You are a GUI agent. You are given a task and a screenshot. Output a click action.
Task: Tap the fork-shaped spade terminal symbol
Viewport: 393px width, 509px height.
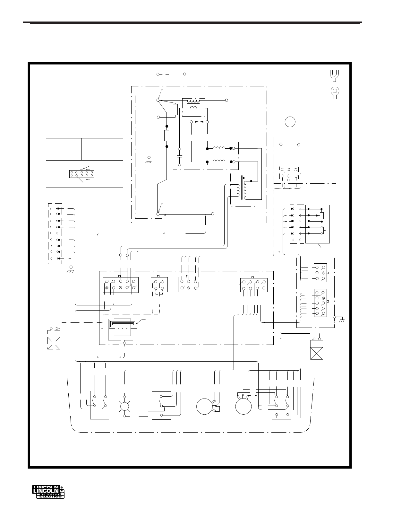[x=334, y=75]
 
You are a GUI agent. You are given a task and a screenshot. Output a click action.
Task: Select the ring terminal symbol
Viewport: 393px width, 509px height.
[x=334, y=92]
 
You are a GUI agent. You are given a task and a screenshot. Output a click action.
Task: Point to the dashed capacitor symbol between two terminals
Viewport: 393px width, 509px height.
[x=171, y=74]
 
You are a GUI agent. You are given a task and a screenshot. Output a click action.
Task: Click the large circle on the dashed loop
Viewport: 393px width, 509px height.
[x=290, y=122]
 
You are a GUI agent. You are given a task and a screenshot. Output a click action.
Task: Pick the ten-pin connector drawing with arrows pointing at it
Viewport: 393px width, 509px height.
[x=81, y=174]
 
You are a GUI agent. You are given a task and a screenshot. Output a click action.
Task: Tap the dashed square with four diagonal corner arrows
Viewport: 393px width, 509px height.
[x=54, y=343]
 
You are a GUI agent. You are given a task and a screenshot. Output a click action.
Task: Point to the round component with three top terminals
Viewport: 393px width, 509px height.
[x=243, y=407]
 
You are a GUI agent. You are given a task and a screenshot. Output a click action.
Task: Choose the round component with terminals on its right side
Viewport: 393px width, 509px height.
[x=205, y=407]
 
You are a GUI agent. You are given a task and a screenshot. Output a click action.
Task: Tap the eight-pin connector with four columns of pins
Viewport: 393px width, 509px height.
[x=253, y=284]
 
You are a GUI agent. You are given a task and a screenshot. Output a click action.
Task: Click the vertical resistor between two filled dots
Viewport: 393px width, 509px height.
[x=167, y=136]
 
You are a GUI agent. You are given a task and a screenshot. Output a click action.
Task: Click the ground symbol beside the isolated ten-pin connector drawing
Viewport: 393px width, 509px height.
[x=149, y=159]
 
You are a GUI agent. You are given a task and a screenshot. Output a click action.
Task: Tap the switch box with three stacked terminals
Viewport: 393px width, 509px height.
[x=161, y=405]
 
